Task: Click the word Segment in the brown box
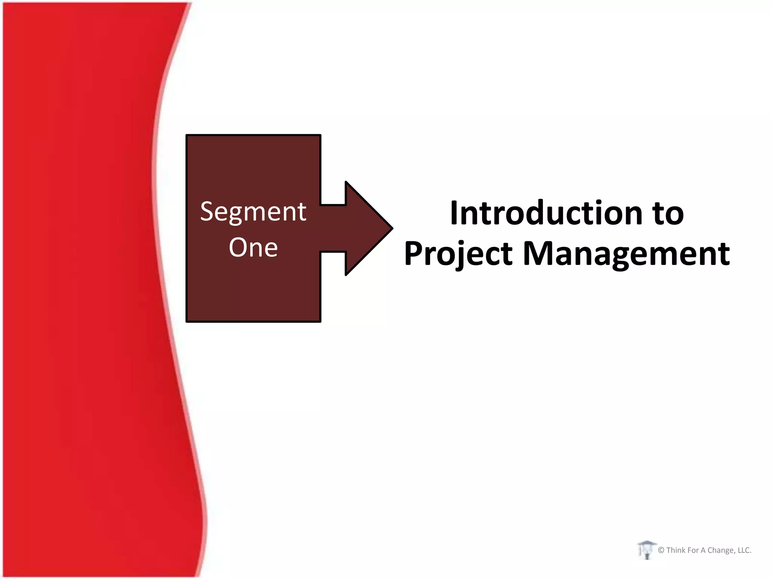(253, 211)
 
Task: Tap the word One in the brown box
(253, 248)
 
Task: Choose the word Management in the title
(626, 254)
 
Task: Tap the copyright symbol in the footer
(661, 550)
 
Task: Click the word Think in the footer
(676, 550)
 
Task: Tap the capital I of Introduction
(454, 213)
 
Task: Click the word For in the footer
(693, 550)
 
